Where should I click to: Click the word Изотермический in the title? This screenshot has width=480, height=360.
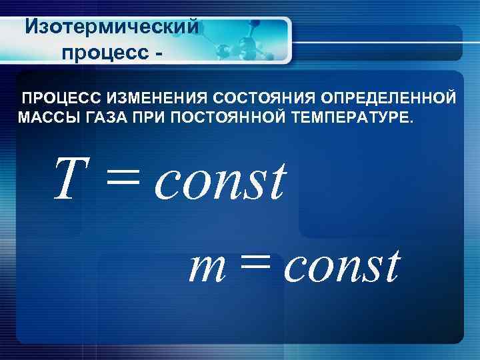coord(112,27)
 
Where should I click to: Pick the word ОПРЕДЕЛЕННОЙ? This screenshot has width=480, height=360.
coord(389,99)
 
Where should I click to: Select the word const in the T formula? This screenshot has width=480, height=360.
coord(220,181)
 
